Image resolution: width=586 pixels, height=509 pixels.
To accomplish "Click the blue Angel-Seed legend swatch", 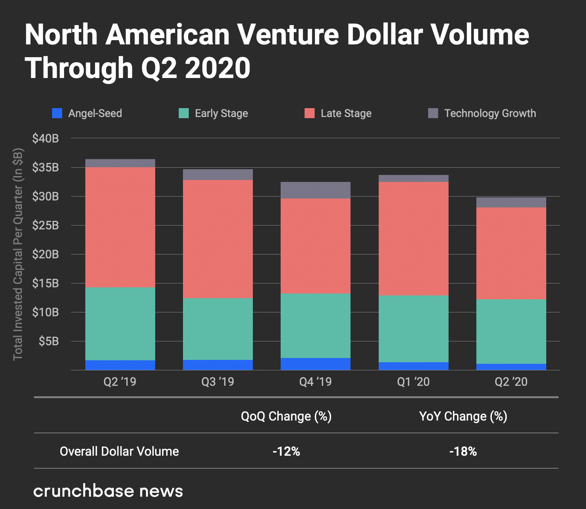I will [57, 113].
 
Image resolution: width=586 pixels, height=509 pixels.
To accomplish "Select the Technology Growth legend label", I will [490, 113].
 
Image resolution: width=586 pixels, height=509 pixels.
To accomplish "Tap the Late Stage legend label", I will [346, 113].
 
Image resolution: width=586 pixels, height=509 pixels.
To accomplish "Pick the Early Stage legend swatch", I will [184, 113].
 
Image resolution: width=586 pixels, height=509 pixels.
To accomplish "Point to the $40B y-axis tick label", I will [46, 138].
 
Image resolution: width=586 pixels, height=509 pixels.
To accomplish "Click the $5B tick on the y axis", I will [49, 341].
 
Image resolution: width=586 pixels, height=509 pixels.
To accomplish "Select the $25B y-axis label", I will [46, 225].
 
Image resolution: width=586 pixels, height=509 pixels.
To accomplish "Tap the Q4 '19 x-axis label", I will [315, 382].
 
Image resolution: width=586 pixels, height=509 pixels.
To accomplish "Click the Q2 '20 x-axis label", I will [511, 382].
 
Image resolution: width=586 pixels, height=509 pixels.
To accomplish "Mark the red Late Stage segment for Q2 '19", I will [120, 227].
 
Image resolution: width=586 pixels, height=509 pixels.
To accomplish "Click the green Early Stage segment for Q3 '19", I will [218, 329].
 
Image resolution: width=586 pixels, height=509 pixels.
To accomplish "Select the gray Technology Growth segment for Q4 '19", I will [315, 190].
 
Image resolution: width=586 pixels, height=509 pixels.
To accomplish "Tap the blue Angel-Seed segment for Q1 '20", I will [413, 366].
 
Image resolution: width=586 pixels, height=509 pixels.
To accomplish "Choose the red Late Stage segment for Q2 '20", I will [511, 253].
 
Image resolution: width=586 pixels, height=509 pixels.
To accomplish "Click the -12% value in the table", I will [286, 451].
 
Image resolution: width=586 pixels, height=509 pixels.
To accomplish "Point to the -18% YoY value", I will [463, 451].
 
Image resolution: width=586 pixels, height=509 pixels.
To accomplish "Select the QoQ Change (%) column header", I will [286, 416].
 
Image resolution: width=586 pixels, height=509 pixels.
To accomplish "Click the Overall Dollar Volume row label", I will [119, 451].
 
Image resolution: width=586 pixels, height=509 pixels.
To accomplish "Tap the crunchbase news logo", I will [108, 491].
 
